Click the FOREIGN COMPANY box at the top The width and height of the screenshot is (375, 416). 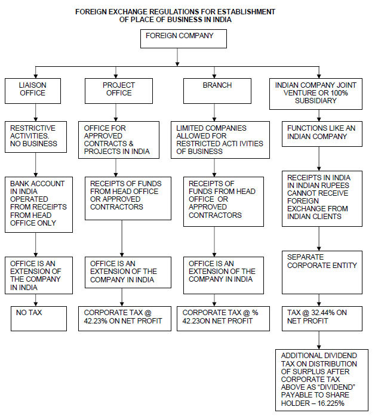(x=183, y=39)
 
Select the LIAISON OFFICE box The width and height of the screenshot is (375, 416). (x=33, y=91)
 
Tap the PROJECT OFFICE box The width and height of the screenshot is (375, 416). (x=119, y=91)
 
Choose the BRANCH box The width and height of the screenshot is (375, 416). (x=217, y=91)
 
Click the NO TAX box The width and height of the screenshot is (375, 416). (x=39, y=319)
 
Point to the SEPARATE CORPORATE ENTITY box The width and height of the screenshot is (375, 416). (x=322, y=272)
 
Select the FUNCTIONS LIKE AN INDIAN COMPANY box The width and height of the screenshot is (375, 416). (x=322, y=134)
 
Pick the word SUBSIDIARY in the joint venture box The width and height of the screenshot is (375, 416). (x=315, y=101)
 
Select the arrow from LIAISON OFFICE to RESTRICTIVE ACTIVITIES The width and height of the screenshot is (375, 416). (x=36, y=112)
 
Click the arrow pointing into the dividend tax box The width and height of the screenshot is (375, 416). (x=319, y=340)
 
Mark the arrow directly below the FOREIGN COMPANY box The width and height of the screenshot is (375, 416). (x=177, y=57)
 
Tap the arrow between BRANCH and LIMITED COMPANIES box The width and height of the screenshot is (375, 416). (x=214, y=112)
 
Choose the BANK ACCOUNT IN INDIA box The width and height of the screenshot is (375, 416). (x=39, y=205)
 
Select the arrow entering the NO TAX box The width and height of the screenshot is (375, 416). (x=36, y=300)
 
